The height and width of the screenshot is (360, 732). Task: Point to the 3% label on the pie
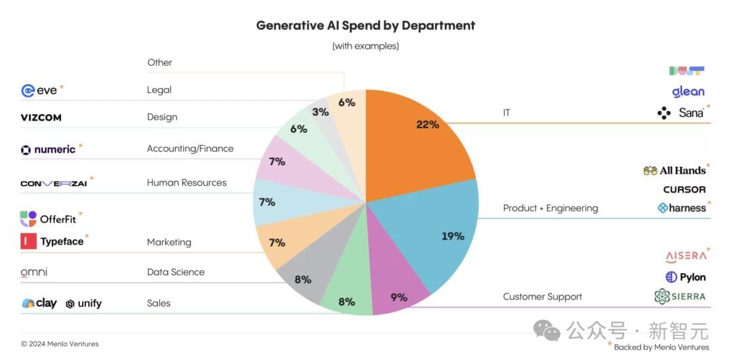pyautogui.click(x=321, y=112)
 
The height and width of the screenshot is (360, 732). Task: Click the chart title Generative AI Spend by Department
pyautogui.click(x=365, y=26)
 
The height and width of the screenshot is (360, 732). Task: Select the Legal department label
pyautogui.click(x=159, y=89)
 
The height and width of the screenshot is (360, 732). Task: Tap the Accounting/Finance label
pyautogui.click(x=190, y=148)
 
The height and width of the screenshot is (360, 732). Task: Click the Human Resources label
pyautogui.click(x=186, y=182)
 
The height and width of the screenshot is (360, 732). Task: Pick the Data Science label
pyautogui.click(x=176, y=272)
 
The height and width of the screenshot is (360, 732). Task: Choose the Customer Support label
pyautogui.click(x=542, y=296)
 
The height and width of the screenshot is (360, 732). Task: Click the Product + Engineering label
pyautogui.click(x=550, y=208)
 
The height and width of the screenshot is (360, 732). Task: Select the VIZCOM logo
pyautogui.click(x=41, y=117)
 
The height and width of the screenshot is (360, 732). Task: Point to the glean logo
pyautogui.click(x=688, y=92)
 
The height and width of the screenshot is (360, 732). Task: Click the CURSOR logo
pyautogui.click(x=684, y=190)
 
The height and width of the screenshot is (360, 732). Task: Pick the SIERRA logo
pyautogui.click(x=680, y=296)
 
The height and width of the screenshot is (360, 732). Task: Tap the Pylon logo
pyautogui.click(x=685, y=277)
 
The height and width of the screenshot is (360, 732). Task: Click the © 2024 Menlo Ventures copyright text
pyautogui.click(x=60, y=344)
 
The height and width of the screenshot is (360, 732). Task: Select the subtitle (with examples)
pyautogui.click(x=365, y=46)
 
